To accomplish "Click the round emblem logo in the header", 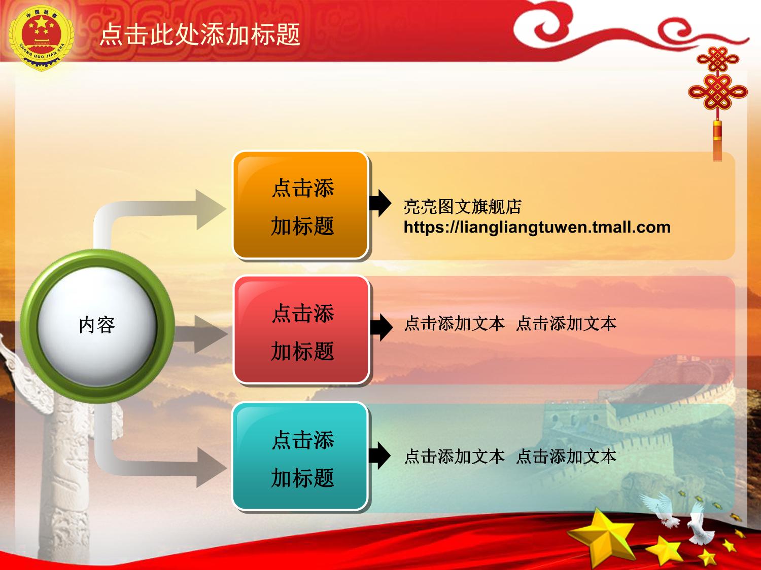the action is click(x=41, y=38).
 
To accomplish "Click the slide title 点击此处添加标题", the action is click(x=200, y=35).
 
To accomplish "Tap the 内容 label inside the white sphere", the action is click(x=97, y=325).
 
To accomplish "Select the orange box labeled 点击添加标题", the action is click(x=300, y=205).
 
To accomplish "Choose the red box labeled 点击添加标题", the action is click(x=301, y=330).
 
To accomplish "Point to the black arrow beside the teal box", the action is click(x=379, y=455).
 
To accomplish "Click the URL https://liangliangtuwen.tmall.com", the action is click(x=537, y=227).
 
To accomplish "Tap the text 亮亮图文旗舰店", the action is click(x=463, y=207).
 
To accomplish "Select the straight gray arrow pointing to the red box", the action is click(x=201, y=334).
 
